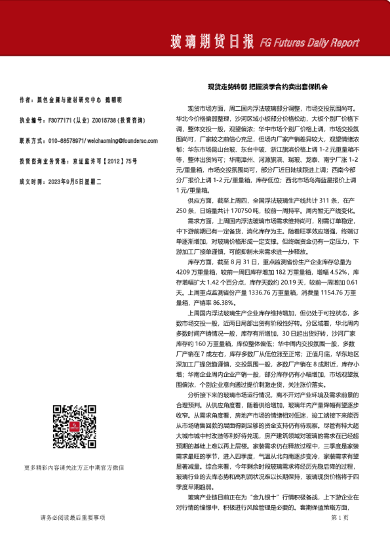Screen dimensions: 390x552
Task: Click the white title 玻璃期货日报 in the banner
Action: pyautogui.click(x=211, y=43)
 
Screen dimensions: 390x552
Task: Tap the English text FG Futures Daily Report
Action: pyautogui.click(x=309, y=43)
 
